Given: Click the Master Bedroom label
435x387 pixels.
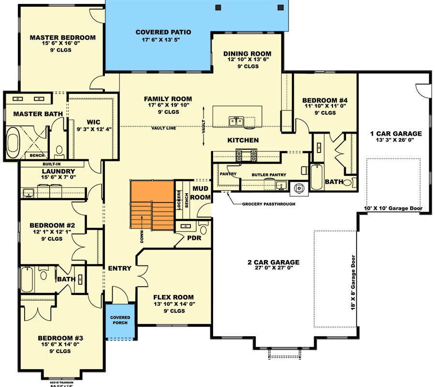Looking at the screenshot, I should (62, 37).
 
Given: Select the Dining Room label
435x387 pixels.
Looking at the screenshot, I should (247, 54).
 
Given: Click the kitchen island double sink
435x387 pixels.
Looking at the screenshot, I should (236, 121).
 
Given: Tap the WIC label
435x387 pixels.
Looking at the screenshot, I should (93, 122).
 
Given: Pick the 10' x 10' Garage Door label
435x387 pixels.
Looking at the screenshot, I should (393, 209).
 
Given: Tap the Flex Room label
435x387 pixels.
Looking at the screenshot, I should (174, 297).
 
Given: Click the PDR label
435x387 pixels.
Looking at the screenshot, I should (193, 238).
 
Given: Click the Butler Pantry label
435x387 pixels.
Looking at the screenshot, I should (269, 174).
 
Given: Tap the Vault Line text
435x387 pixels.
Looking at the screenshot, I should (163, 128).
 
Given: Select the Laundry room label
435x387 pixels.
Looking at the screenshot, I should (58, 171).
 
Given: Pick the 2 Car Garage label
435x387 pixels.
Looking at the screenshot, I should (274, 263).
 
